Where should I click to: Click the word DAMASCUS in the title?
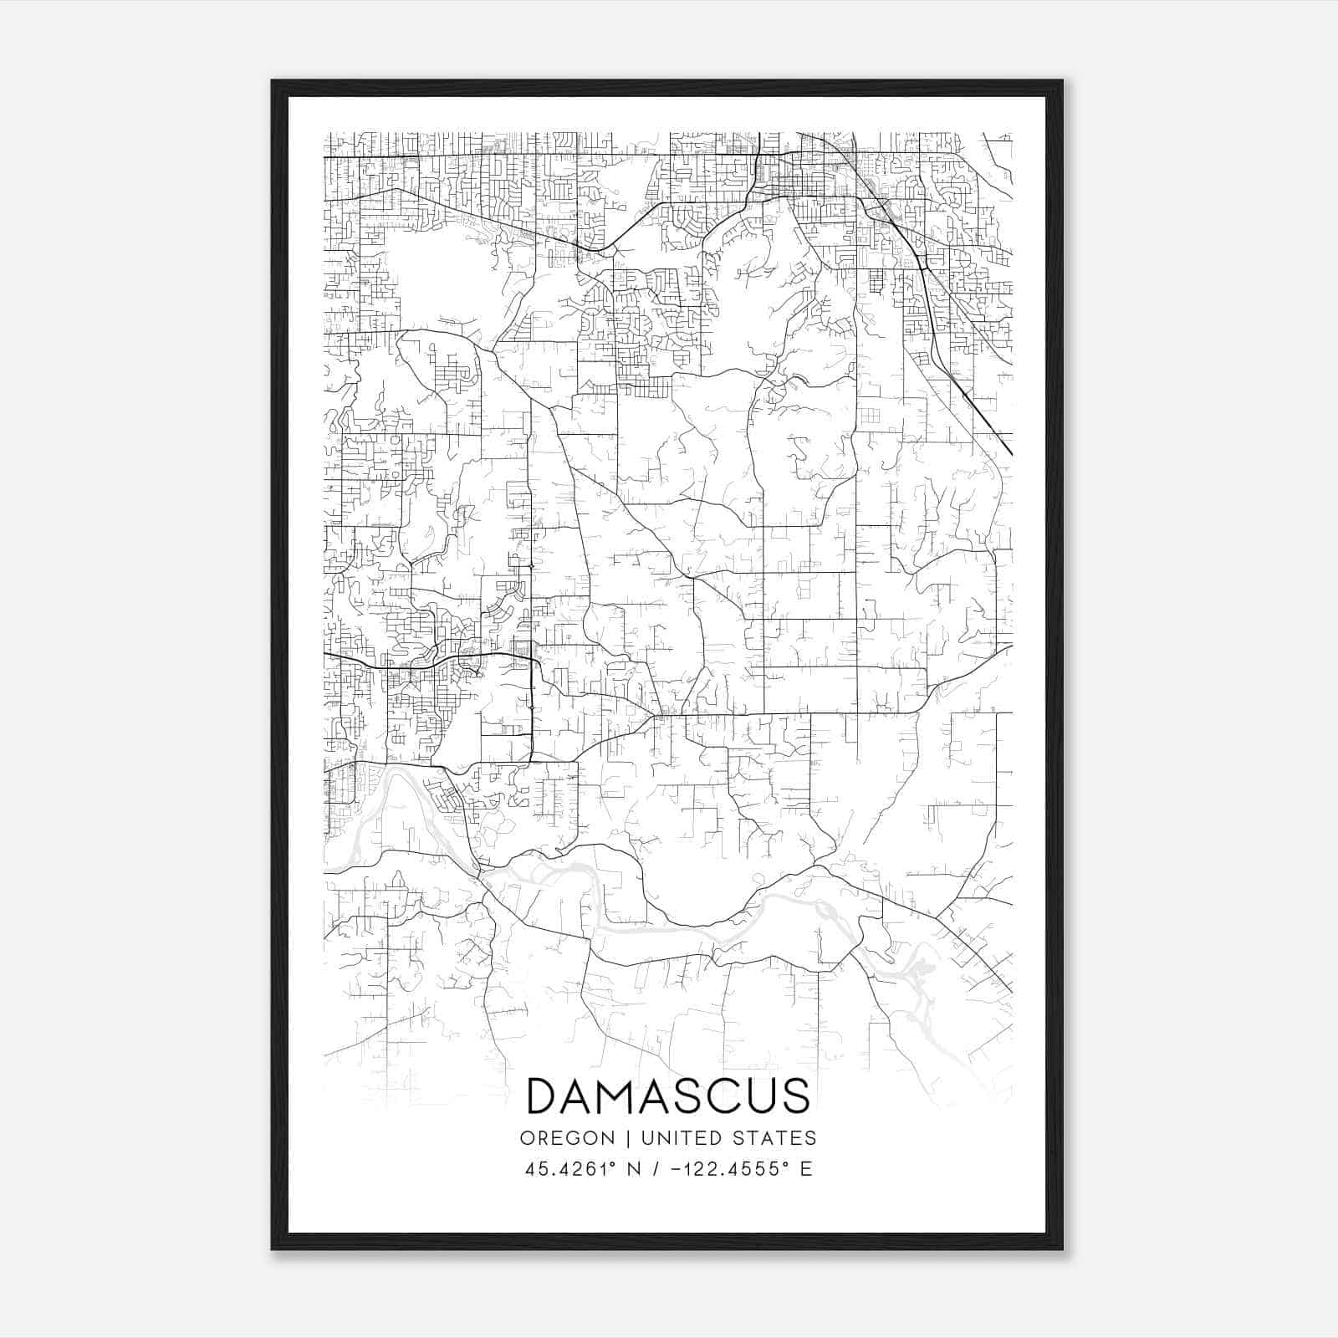pyautogui.click(x=668, y=1095)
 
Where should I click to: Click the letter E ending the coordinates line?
pyautogui.click(x=806, y=1169)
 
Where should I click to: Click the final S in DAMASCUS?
pyautogui.click(x=794, y=1095)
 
